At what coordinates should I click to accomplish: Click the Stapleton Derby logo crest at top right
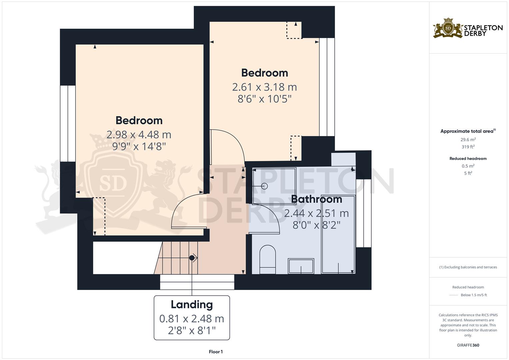(448, 28)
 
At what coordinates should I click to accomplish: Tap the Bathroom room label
(316, 199)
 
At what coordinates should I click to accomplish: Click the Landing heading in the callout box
(192, 304)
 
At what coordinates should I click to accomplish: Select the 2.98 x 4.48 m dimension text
(139, 135)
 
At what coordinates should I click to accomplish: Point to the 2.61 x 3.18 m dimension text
(264, 87)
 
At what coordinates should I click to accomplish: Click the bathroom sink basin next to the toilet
(301, 266)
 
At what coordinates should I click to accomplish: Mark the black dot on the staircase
(192, 258)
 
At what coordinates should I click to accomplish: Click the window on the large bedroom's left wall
(68, 124)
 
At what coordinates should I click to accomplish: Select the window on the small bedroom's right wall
(327, 87)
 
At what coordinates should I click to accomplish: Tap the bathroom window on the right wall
(364, 213)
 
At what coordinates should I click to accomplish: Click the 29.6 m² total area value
(468, 140)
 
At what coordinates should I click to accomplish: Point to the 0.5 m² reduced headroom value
(468, 166)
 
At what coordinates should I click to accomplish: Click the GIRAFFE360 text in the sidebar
(468, 345)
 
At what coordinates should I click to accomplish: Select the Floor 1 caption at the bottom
(216, 352)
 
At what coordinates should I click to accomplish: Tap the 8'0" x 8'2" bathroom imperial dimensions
(316, 225)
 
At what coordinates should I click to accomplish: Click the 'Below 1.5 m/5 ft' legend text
(474, 295)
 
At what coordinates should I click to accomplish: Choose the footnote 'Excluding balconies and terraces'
(468, 267)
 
